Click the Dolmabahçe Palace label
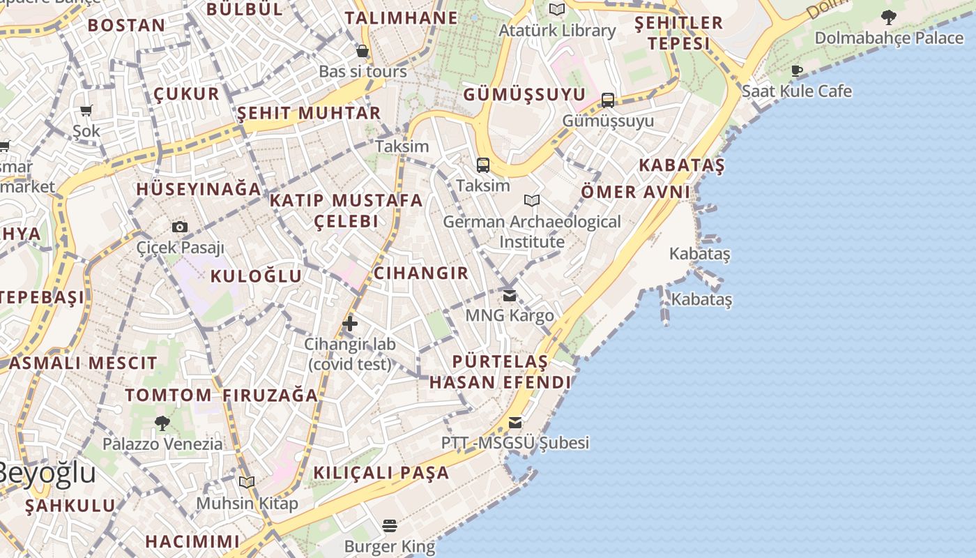(889, 38)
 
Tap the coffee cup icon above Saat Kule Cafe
(797, 70)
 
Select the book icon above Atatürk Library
(556, 9)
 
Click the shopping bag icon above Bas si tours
(363, 50)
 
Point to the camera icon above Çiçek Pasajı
(180, 227)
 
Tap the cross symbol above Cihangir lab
(350, 323)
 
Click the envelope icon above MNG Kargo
(510, 295)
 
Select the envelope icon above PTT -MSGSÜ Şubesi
(515, 422)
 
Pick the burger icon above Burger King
(390, 525)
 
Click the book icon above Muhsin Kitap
(247, 482)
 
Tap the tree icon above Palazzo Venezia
(162, 423)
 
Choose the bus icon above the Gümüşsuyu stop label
(608, 100)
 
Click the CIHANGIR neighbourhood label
(421, 273)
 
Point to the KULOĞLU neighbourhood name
(256, 276)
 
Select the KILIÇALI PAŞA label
(381, 472)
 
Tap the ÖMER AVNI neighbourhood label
(635, 192)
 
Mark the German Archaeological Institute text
(531, 232)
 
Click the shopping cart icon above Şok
(86, 110)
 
